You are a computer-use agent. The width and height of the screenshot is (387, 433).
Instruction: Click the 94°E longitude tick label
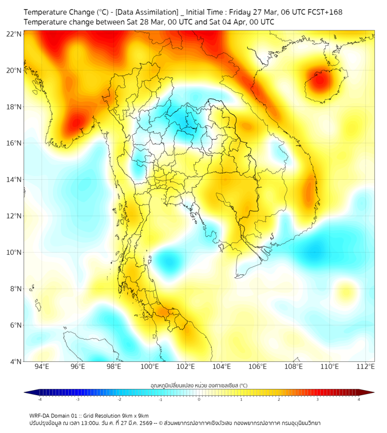[42, 367]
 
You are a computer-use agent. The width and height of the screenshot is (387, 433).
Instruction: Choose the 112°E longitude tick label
[365, 367]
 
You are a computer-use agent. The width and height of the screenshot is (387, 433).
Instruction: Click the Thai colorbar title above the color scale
[199, 385]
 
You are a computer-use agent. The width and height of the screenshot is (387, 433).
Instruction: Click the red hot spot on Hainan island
[319, 81]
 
